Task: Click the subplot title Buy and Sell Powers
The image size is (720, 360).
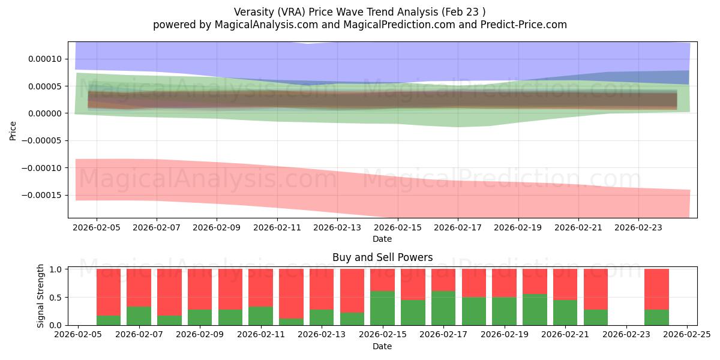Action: coord(382,257)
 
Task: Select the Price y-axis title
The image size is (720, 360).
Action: coord(13,130)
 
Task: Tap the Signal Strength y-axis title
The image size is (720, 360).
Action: coord(40,296)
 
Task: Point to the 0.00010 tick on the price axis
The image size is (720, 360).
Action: coord(44,59)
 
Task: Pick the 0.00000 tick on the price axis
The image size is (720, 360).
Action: coord(44,113)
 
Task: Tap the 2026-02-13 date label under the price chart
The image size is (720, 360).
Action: coord(337,228)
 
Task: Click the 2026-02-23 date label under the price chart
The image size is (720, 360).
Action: coord(638,228)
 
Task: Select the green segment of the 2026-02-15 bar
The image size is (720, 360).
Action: coord(382,308)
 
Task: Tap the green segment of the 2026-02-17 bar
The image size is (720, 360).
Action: coord(443,308)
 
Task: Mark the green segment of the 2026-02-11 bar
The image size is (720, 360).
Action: coord(260,316)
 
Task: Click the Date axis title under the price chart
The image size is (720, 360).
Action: coord(382,239)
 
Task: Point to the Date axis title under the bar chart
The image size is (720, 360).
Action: coord(382,346)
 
